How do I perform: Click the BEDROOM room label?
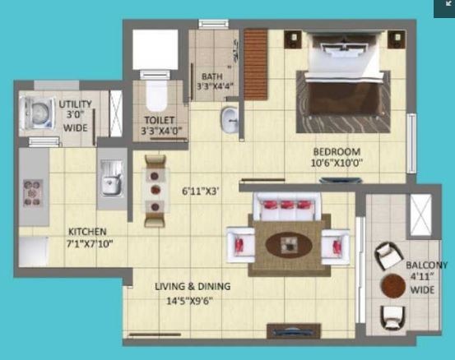coord(337,151)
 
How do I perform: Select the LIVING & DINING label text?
coord(193,286)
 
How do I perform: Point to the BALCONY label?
coord(426,265)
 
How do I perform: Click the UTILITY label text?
coord(76,104)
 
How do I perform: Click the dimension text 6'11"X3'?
coord(200,191)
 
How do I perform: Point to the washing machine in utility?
coord(35,113)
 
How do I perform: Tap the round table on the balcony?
coord(392,286)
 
